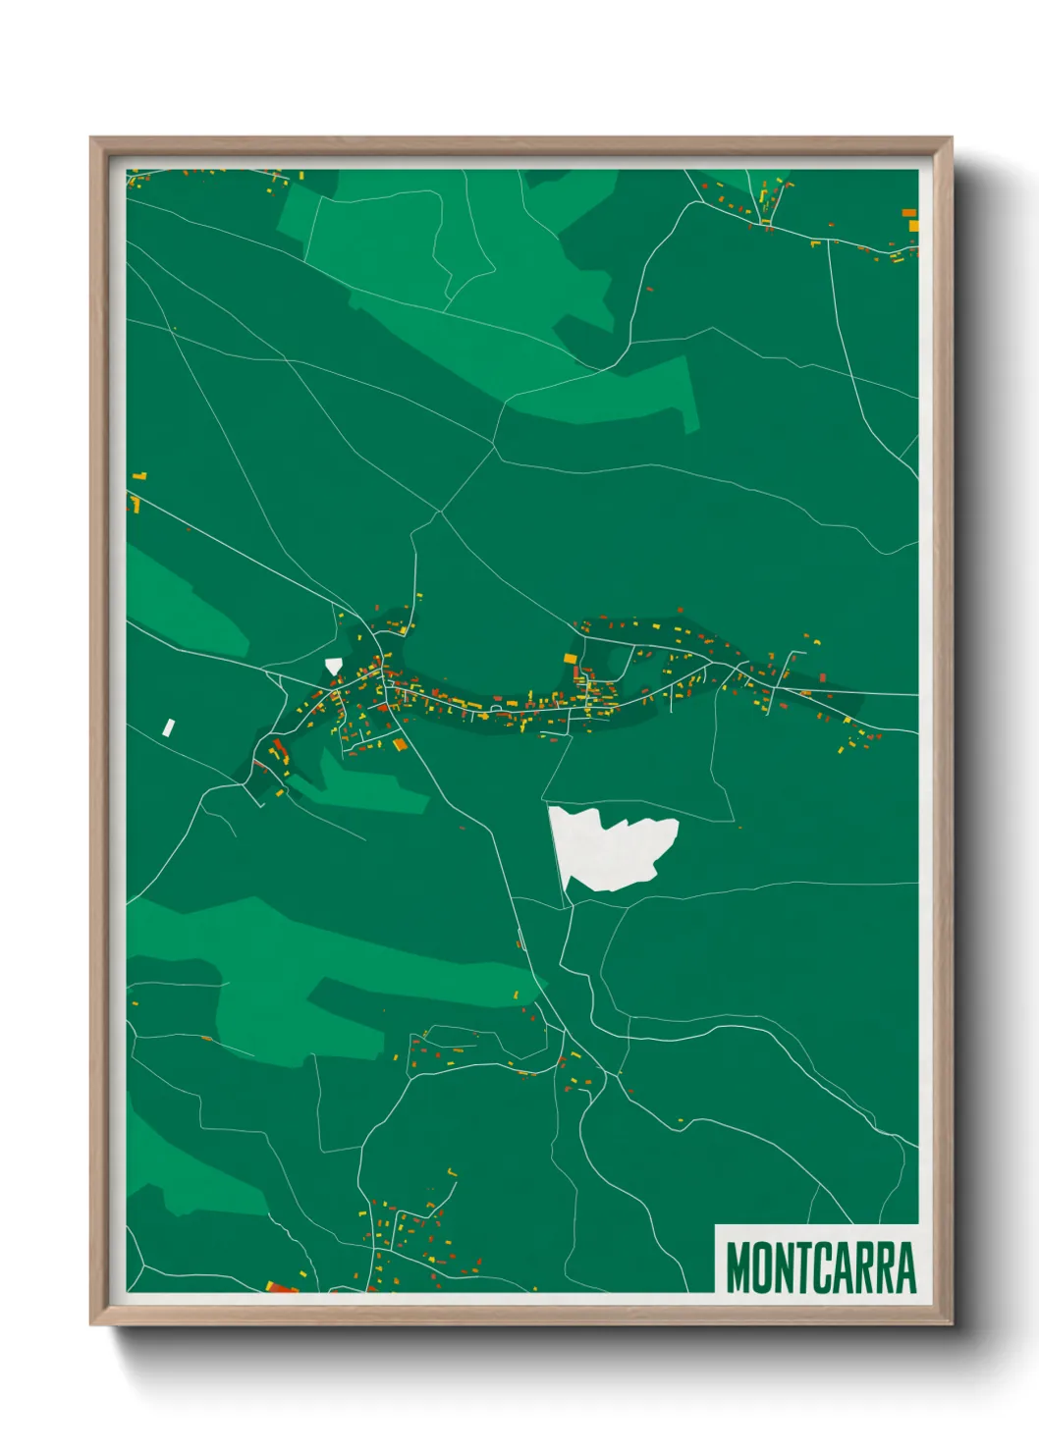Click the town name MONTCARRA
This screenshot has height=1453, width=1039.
[820, 1267]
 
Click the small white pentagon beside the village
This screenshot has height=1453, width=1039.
[334, 665]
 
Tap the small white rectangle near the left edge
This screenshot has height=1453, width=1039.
[169, 727]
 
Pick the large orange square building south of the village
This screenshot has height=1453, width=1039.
[400, 745]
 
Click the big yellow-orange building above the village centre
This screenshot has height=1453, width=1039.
[570, 658]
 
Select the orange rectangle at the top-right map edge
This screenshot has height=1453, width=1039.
[909, 212]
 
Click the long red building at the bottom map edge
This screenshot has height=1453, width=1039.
[282, 1287]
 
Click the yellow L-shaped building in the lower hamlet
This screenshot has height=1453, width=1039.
[452, 1172]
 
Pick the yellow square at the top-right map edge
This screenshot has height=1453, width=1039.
[914, 227]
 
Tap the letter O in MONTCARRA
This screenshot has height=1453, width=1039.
[761, 1267]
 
